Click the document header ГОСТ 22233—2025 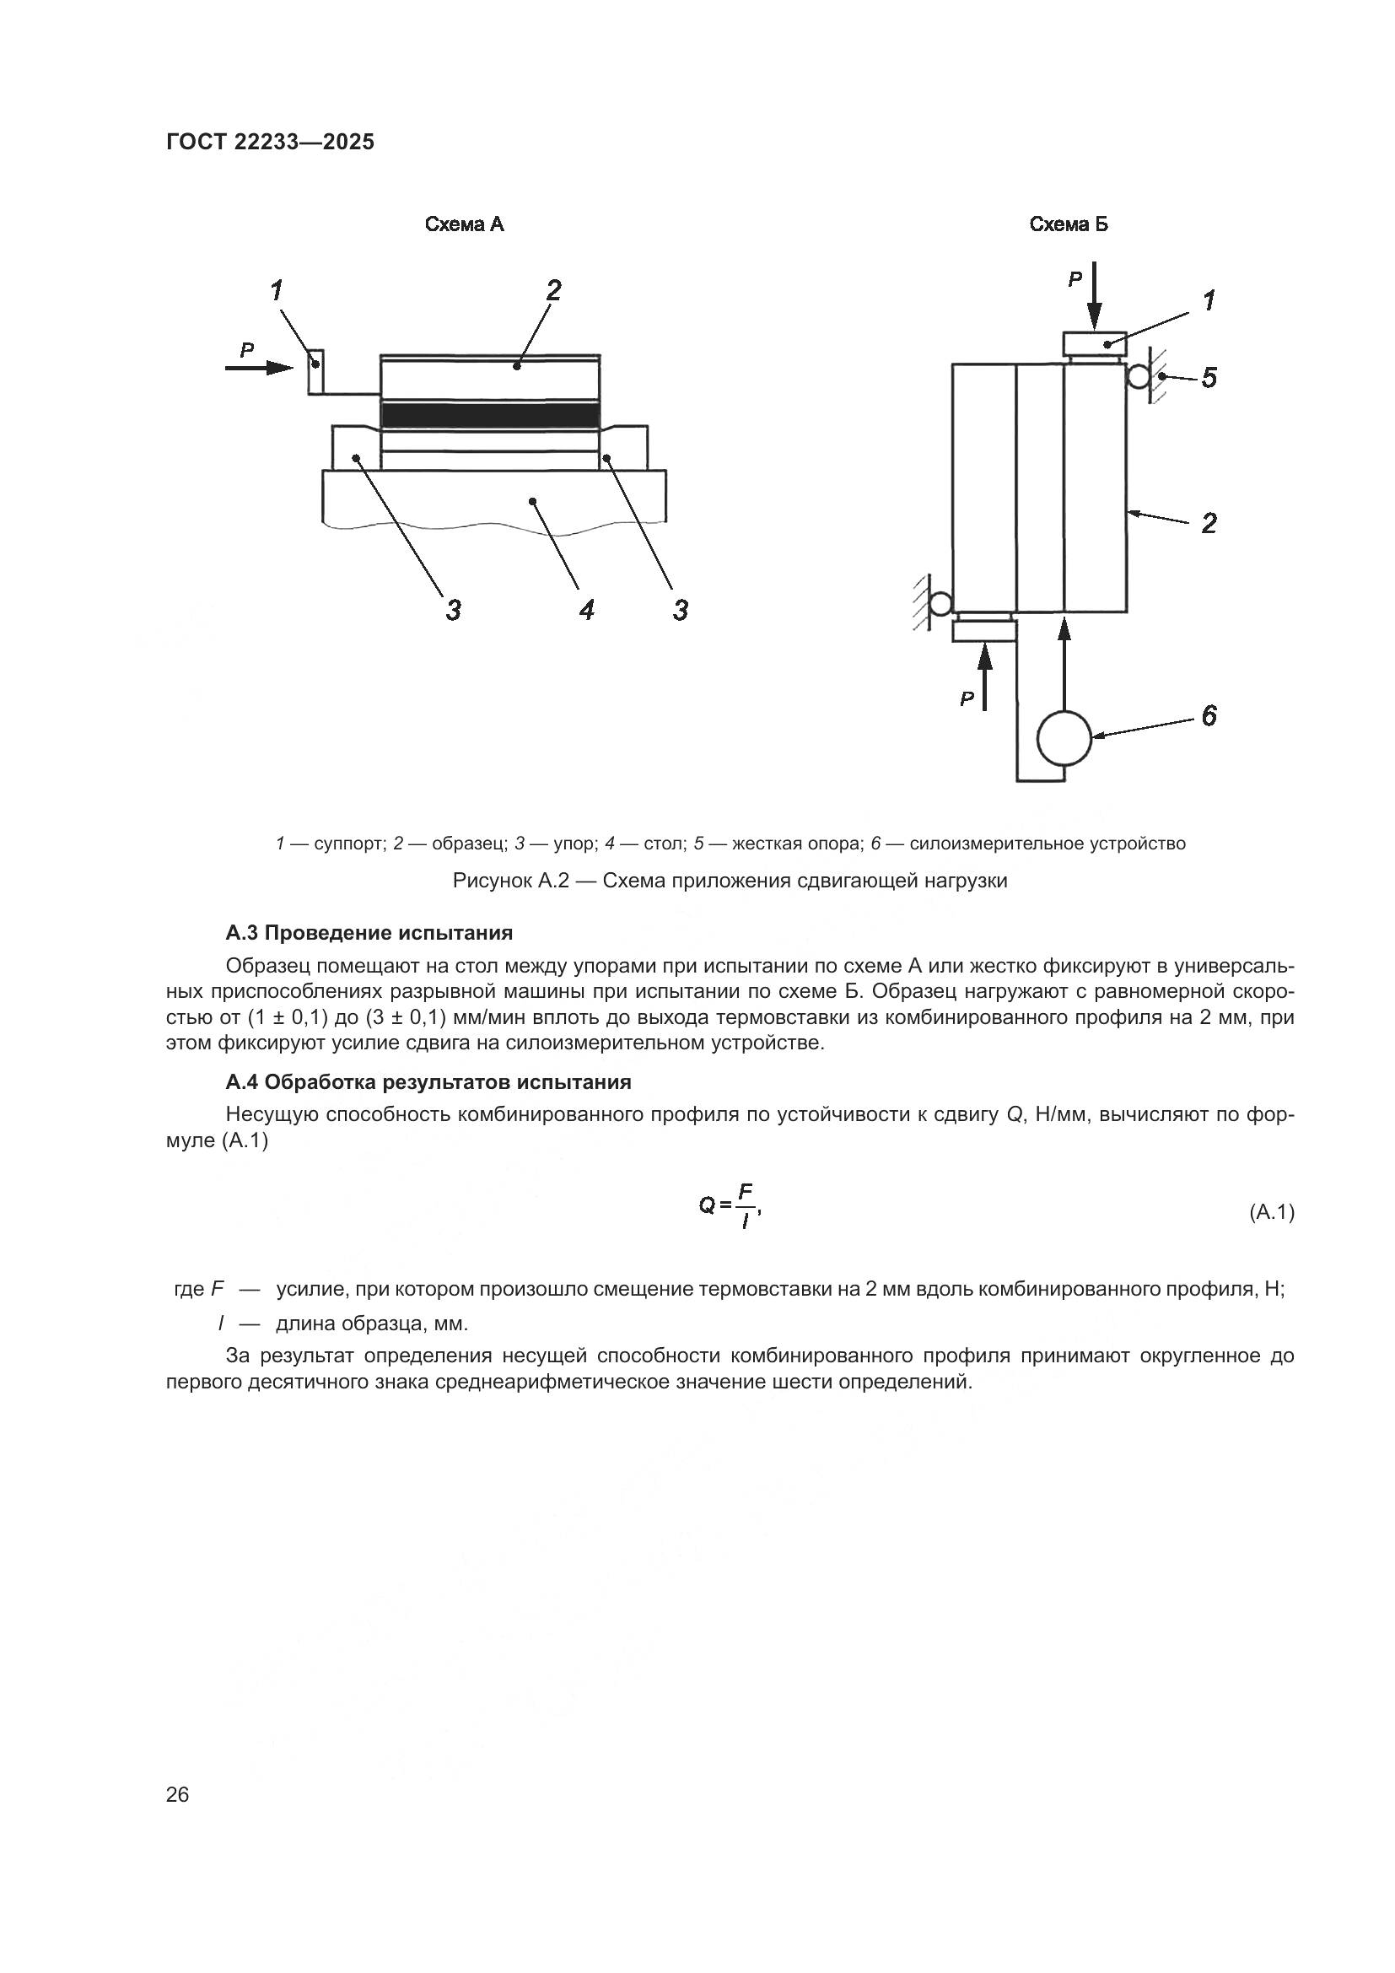[x=270, y=142]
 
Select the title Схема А [x=464, y=224]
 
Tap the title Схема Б [x=1069, y=224]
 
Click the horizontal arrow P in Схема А [x=259, y=368]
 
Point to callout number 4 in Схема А [x=587, y=610]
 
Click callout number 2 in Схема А [x=553, y=290]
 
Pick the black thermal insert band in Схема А [x=490, y=415]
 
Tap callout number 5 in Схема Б [x=1209, y=377]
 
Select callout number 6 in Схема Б [x=1209, y=715]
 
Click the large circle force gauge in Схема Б [x=1064, y=737]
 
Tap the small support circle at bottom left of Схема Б [x=940, y=603]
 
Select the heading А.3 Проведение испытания [x=369, y=932]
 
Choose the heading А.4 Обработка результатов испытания [x=428, y=1082]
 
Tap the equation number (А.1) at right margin [x=1270, y=1211]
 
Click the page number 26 [x=177, y=1794]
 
